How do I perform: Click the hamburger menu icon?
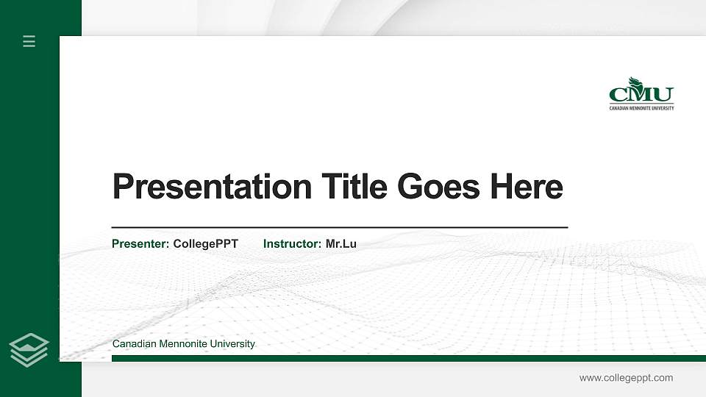pos(29,41)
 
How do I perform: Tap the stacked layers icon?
pos(29,350)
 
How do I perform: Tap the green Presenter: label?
pos(140,243)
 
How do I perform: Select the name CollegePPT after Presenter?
pos(205,243)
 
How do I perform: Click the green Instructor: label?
pos(292,243)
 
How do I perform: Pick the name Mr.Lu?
pos(340,243)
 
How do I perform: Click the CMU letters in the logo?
pos(641,95)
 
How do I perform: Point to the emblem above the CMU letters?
pos(634,82)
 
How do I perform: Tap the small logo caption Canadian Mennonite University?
pos(641,108)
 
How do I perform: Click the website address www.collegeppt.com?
pos(626,378)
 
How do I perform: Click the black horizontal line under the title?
pos(339,228)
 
